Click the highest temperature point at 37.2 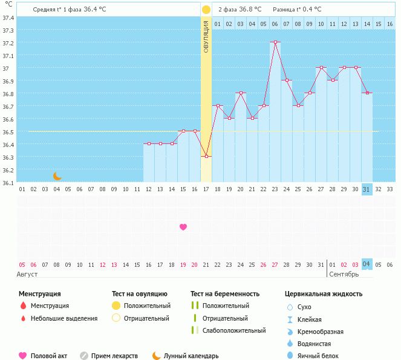(x=275, y=42)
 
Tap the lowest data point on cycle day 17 (x=206, y=157)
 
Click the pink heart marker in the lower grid (x=183, y=227)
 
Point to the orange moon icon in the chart (x=57, y=176)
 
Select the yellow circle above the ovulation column (x=206, y=10)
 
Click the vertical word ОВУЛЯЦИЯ (x=206, y=37)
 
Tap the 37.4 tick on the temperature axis (x=8, y=18)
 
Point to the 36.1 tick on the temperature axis (x=8, y=182)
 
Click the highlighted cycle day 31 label (x=367, y=189)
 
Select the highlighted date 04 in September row (x=367, y=264)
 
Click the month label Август (x=27, y=274)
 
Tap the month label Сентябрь (x=344, y=274)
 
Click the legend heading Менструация (x=39, y=294)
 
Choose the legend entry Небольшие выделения (x=64, y=318)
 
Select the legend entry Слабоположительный (x=234, y=330)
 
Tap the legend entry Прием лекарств (x=114, y=356)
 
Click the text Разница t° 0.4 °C (x=297, y=10)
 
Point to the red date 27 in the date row (x=275, y=264)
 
